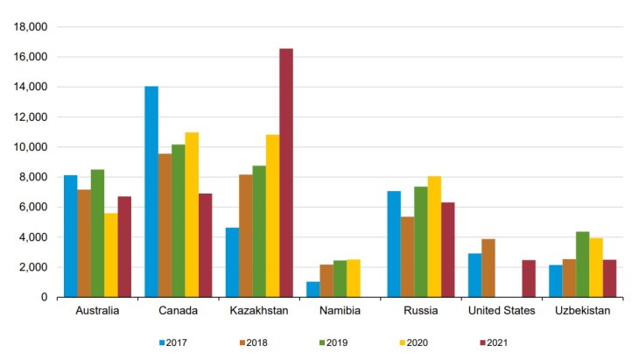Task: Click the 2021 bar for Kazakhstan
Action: [285, 173]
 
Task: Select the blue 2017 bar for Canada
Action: [151, 192]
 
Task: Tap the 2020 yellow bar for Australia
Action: [110, 255]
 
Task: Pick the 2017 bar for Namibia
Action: [312, 289]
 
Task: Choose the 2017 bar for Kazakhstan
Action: [232, 262]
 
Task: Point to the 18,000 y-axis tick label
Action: [30, 27]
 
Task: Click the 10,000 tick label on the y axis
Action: [30, 147]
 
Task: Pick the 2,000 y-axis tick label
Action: [33, 267]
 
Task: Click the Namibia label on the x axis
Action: [334, 311]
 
